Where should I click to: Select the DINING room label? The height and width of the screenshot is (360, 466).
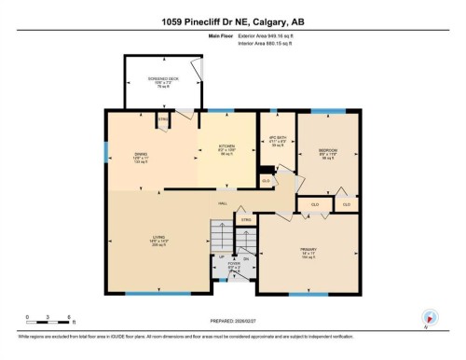pos(140,155)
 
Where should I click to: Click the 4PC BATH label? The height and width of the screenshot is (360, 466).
pos(278,141)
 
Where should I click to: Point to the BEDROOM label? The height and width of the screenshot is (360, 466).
pos(327,151)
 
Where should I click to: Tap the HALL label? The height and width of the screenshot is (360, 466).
pos(225,202)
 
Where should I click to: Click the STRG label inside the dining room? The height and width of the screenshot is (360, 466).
pos(161,119)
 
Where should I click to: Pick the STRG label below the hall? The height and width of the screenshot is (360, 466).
pos(247,220)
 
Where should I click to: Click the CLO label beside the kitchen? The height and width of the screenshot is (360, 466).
pos(266,179)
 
